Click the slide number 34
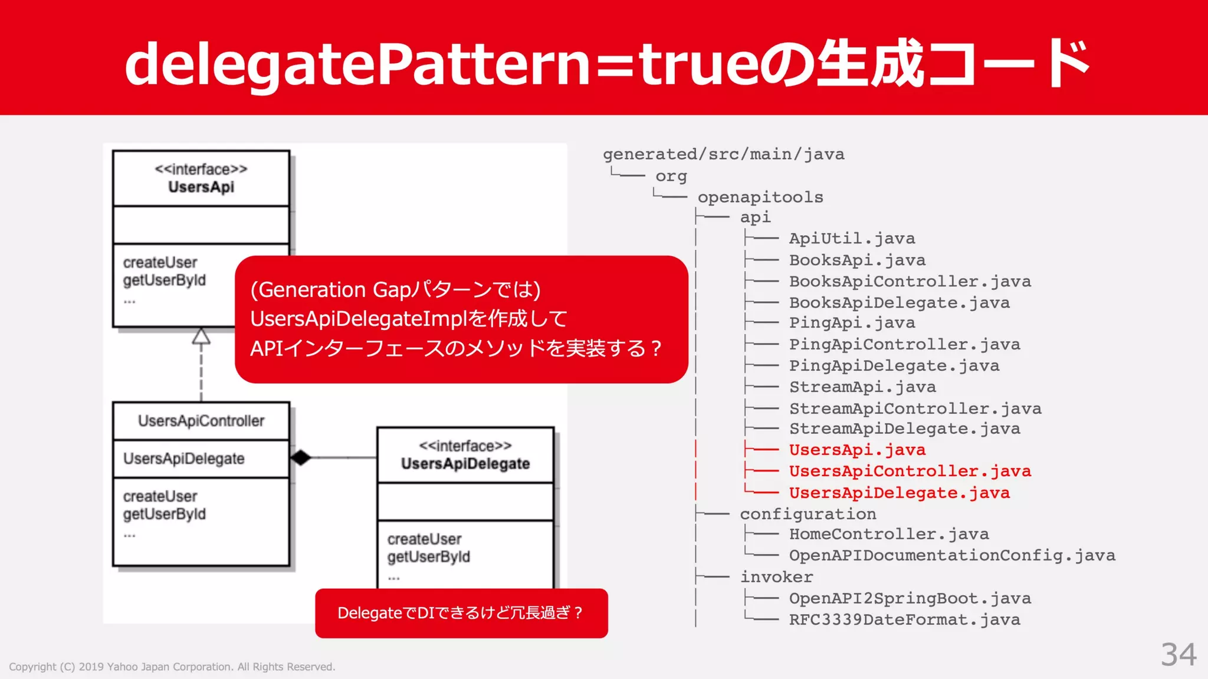1179,655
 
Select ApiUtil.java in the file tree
852,239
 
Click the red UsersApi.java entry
857,450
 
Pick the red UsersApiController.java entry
910,472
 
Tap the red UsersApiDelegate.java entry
899,493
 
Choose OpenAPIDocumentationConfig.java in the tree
952,556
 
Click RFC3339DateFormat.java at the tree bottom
904,620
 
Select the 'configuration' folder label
807,514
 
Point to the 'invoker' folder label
776,577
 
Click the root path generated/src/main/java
723,154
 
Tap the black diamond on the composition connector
301,457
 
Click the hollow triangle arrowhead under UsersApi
201,336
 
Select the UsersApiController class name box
201,421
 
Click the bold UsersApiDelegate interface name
465,464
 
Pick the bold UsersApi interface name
201,187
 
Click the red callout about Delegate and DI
461,613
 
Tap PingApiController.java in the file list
904,345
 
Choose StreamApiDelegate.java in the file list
904,429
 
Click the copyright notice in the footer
172,667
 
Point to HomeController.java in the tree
889,535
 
